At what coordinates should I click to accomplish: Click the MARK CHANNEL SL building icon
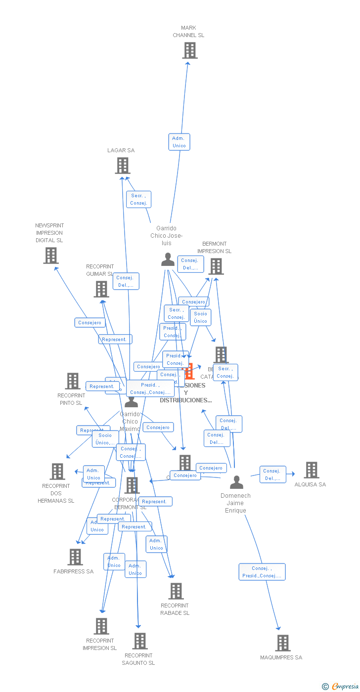[x=189, y=50]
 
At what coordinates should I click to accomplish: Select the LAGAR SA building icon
[x=122, y=166]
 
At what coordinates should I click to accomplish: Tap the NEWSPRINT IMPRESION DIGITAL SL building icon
[x=50, y=256]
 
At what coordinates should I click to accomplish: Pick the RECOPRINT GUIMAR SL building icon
[x=101, y=289]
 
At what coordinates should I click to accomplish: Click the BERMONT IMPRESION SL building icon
[x=216, y=266]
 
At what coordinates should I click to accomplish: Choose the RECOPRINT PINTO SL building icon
[x=73, y=381]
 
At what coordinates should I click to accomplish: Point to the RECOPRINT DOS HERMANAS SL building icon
[x=57, y=472]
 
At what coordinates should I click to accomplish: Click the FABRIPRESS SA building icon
[x=75, y=557]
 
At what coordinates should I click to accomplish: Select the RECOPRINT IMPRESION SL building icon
[x=101, y=626]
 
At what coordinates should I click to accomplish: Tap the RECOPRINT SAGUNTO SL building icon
[x=139, y=641]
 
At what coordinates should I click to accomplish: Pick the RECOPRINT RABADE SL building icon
[x=176, y=591]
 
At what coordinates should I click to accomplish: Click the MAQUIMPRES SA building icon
[x=282, y=643]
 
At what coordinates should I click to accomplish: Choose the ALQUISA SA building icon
[x=311, y=470]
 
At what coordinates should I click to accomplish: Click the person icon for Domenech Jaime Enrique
[x=236, y=482]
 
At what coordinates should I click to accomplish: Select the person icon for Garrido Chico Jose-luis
[x=168, y=259]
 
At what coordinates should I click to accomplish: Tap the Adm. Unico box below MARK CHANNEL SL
[x=179, y=142]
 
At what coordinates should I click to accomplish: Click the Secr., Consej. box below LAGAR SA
[x=138, y=200]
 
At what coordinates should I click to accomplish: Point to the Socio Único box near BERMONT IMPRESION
[x=200, y=317]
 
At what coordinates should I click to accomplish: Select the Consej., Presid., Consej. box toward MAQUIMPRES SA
[x=262, y=572]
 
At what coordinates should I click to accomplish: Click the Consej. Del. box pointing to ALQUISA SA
[x=272, y=475]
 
